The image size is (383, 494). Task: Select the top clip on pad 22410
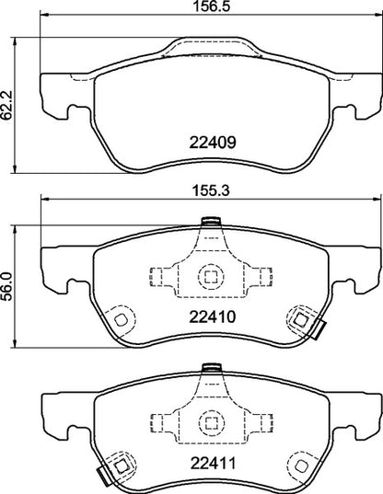pos(209,221)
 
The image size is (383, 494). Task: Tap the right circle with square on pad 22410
pos(300,319)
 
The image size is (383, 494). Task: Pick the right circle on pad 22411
pos(300,464)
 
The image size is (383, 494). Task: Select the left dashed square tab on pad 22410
pos(157,276)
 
